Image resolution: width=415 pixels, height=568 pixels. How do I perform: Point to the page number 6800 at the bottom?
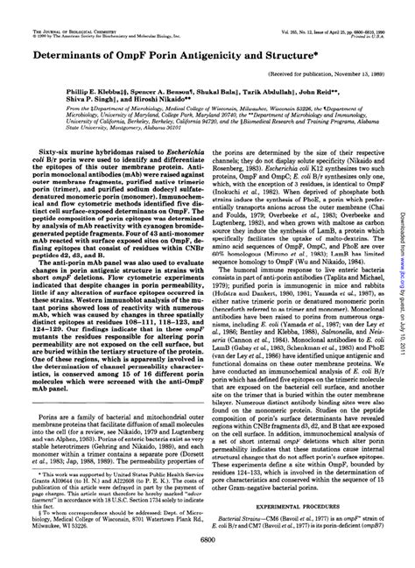(207, 543)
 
